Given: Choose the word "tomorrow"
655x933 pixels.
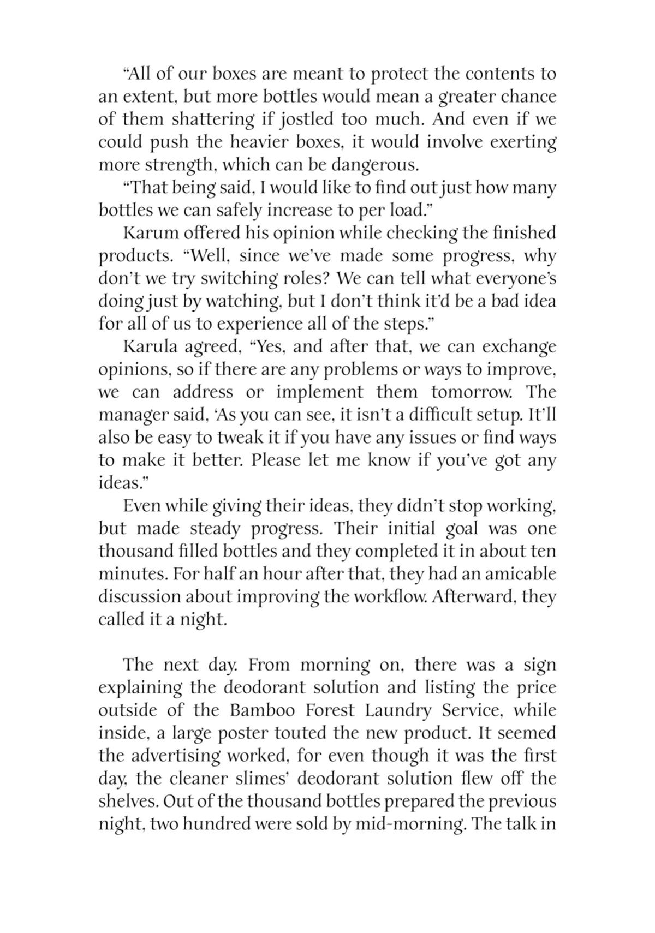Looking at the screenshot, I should (473, 392).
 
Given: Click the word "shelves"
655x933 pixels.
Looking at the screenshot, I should (128, 802).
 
